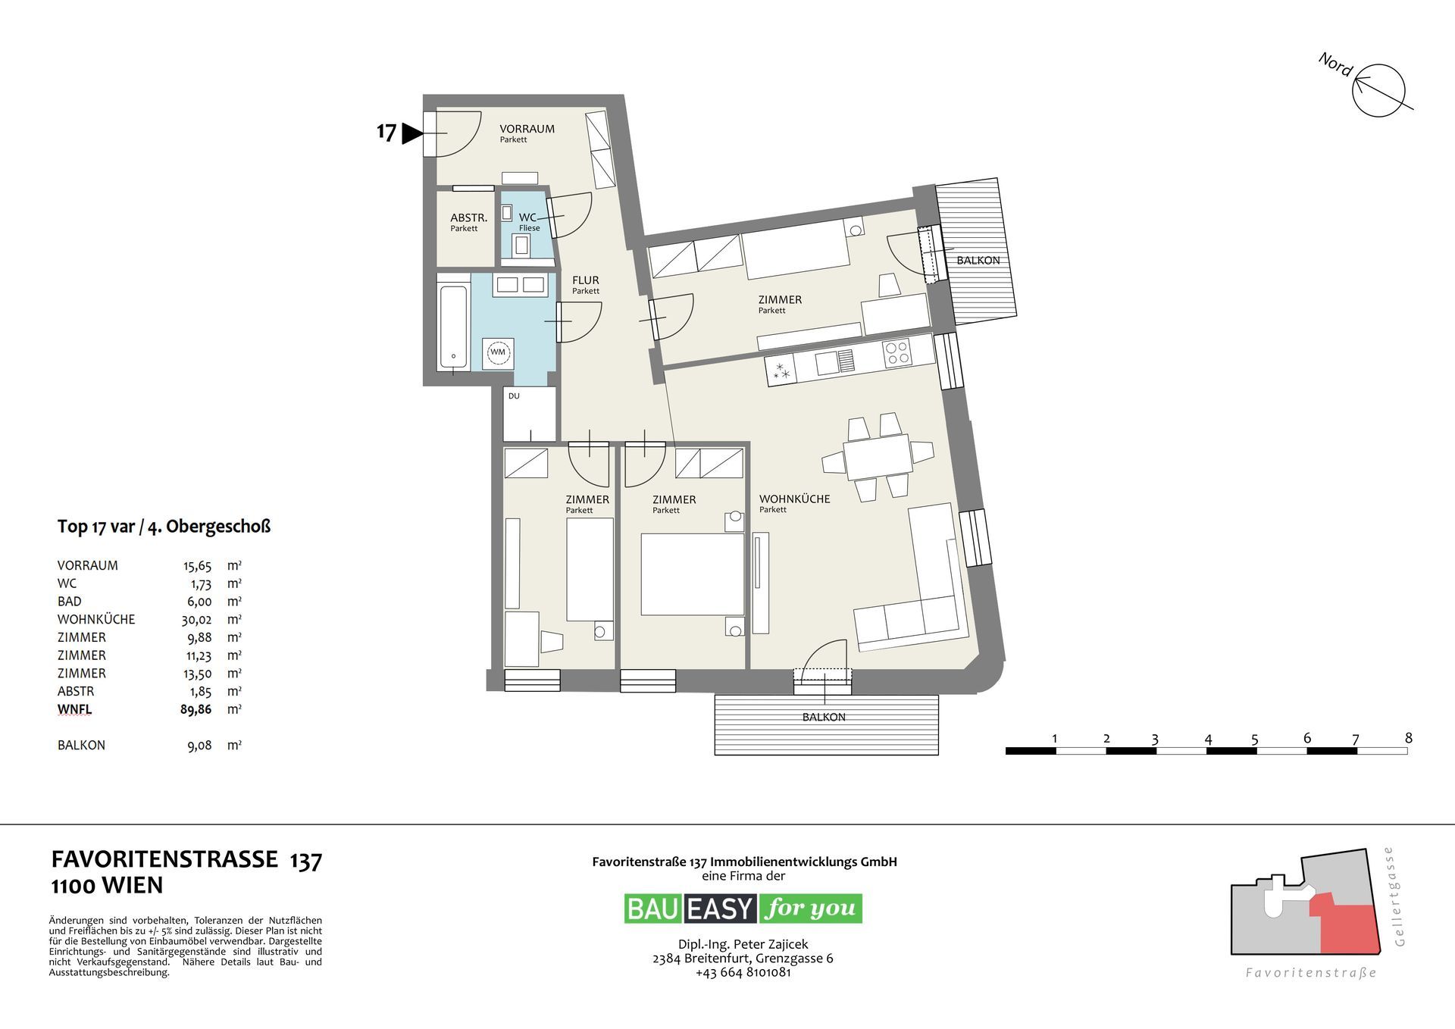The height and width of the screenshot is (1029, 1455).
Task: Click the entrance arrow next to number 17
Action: click(x=411, y=134)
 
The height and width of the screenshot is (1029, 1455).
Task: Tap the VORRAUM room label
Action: click(x=527, y=129)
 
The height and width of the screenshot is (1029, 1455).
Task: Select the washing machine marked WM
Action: click(x=498, y=353)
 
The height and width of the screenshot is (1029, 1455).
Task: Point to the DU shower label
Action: click(x=514, y=396)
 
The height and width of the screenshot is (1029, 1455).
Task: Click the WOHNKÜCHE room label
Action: click(x=794, y=499)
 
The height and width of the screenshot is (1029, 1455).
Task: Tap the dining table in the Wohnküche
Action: click(x=878, y=457)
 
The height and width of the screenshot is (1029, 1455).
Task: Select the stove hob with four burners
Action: click(x=898, y=353)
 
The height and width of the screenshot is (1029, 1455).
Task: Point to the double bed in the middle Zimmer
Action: click(x=693, y=574)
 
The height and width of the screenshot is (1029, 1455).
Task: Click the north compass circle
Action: click(x=1378, y=91)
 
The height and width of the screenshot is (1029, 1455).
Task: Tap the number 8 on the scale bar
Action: click(x=1408, y=737)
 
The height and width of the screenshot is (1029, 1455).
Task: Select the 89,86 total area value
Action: click(x=196, y=709)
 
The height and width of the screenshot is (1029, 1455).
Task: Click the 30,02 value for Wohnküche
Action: click(x=196, y=619)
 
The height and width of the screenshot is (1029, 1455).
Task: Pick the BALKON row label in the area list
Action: click(x=81, y=745)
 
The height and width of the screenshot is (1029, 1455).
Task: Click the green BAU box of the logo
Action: click(x=653, y=909)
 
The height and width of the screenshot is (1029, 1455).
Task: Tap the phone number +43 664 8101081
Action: click(x=743, y=972)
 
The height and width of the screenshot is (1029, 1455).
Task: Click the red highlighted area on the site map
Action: click(x=1347, y=925)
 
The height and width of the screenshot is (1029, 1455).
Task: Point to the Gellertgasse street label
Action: click(x=1399, y=896)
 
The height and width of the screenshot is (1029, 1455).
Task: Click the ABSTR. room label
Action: click(x=468, y=217)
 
